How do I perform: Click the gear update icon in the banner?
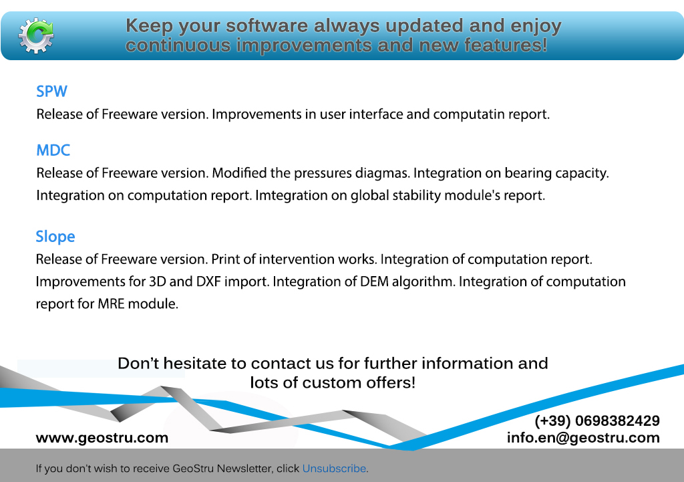tap(36, 35)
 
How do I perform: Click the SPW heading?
tap(51, 91)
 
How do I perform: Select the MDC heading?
tap(53, 150)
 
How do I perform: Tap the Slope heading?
tap(55, 237)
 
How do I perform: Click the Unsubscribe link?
tap(334, 469)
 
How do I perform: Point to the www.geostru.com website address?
tap(102, 437)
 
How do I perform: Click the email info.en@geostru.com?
tap(583, 437)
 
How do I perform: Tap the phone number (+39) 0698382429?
tap(597, 420)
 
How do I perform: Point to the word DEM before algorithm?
tap(374, 281)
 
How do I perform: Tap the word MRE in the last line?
tap(112, 304)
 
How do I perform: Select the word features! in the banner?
tap(506, 45)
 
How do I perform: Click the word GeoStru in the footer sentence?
tap(193, 469)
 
